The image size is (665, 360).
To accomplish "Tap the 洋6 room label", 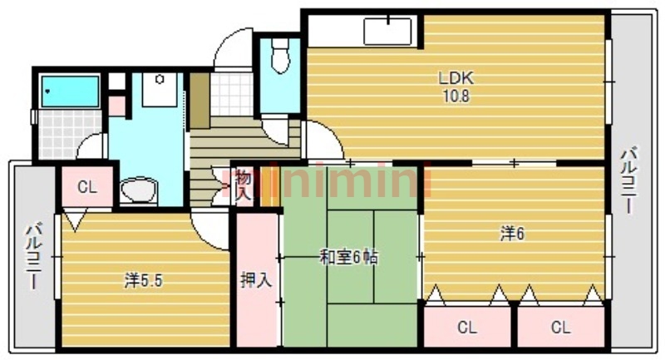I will (x=511, y=234).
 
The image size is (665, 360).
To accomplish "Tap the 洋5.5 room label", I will (x=143, y=280).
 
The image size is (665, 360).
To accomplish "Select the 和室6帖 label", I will (x=349, y=258).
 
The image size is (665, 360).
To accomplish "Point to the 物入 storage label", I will (x=242, y=184).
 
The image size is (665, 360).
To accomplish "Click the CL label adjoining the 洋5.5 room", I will (x=86, y=187).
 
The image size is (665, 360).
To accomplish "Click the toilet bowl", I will (x=281, y=58).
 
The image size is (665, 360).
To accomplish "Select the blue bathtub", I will (x=69, y=90).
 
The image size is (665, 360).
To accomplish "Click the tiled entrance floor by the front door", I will (x=230, y=93).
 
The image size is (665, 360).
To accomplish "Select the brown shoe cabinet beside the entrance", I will (x=199, y=101).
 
